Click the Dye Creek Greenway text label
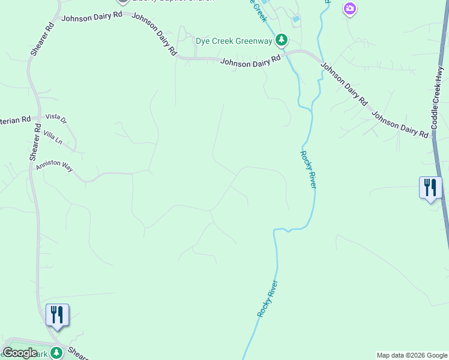click(234, 41)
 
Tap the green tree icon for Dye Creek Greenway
click(281, 40)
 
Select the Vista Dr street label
click(56, 119)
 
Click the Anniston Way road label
click(54, 166)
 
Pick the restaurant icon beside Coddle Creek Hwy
click(430, 187)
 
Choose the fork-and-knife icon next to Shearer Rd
click(57, 314)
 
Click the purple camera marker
click(350, 8)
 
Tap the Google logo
click(20, 353)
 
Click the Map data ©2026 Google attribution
click(412, 355)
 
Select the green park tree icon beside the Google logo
click(56, 353)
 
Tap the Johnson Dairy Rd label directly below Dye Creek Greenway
click(250, 61)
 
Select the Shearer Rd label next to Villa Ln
click(35, 143)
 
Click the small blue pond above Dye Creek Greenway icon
click(295, 19)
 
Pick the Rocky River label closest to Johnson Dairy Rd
click(307, 169)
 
